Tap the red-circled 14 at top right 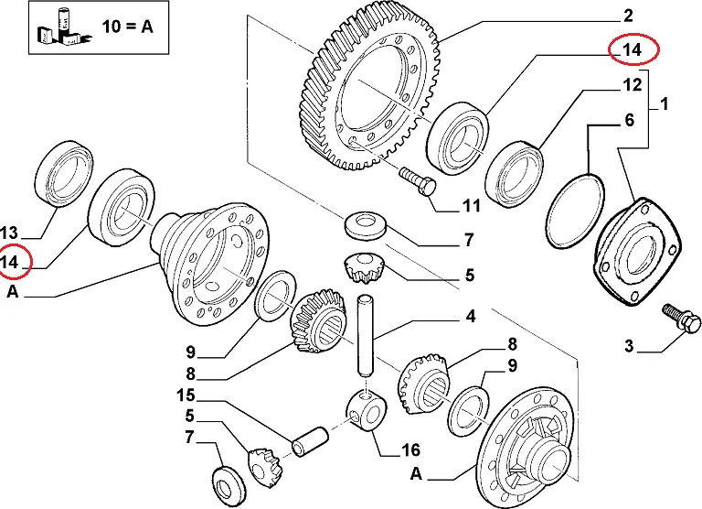[633, 50]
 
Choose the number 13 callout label [13, 232]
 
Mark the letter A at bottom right [416, 474]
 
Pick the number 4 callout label [471, 318]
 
